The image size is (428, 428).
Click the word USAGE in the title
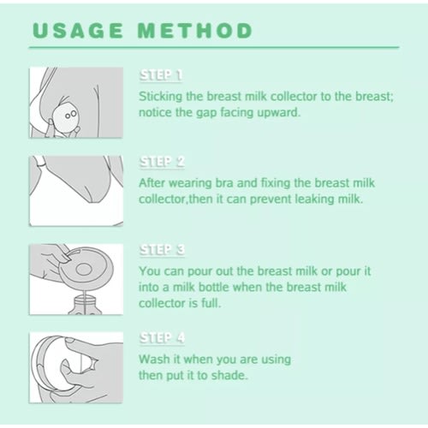[78, 31]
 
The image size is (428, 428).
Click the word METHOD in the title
[195, 31]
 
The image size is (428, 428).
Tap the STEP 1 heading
[161, 75]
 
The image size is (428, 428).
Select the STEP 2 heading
[162, 162]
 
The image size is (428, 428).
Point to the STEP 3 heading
[162, 250]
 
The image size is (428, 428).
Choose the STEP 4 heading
[162, 338]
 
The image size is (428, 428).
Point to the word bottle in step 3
[214, 287]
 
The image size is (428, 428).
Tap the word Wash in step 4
[154, 360]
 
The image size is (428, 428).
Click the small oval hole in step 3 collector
[84, 269]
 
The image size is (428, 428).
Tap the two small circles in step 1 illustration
[71, 115]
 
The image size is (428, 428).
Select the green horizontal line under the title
[214, 48]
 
